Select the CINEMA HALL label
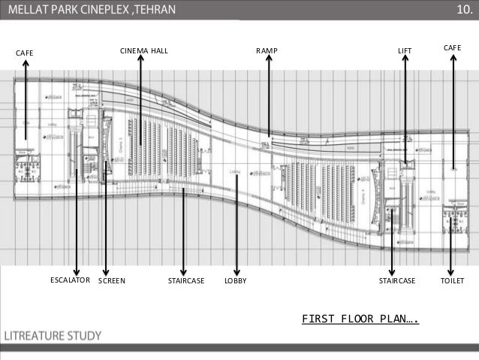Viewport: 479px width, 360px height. coord(144,50)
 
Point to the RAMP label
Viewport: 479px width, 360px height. coord(267,50)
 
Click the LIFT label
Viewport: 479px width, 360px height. coord(405,50)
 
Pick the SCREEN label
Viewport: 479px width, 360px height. coord(112,280)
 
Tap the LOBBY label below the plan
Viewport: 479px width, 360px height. coord(236,280)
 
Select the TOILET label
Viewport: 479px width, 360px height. coord(452,280)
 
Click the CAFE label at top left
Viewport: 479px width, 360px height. coord(26,52)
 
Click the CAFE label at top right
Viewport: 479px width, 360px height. coord(452,47)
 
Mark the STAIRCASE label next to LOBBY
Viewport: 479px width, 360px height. coord(186,280)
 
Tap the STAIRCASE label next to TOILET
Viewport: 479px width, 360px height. coord(396,280)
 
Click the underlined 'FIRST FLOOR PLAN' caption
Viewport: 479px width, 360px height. coord(360,318)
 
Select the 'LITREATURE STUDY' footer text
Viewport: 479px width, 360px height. coord(53,335)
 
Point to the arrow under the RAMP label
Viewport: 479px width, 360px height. coord(269,98)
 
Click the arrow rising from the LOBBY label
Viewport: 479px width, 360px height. coord(236,225)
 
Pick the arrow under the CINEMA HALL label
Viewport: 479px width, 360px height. coord(140,98)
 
